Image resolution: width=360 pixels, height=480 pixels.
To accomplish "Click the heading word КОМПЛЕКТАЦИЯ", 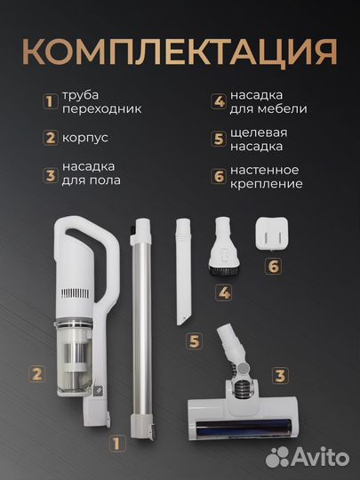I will pyautogui.click(x=180, y=51).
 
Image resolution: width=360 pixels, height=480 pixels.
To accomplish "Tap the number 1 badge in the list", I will pyautogui.click(x=51, y=101).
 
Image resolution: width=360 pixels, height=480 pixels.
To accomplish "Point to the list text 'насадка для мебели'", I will pyautogui.click(x=268, y=101).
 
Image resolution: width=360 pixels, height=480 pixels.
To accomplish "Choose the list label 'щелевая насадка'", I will pyautogui.click(x=258, y=139).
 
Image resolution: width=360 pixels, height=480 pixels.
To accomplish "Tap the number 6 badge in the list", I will pyautogui.click(x=218, y=176).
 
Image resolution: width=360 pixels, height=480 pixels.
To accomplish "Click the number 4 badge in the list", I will pyautogui.click(x=218, y=101).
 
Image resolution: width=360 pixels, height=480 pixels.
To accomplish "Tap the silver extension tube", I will pyautogui.click(x=139, y=329).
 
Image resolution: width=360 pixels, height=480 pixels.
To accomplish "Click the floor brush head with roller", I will pyautogui.click(x=236, y=413).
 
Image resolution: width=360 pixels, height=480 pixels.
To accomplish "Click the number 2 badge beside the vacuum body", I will pyautogui.click(x=36, y=373).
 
